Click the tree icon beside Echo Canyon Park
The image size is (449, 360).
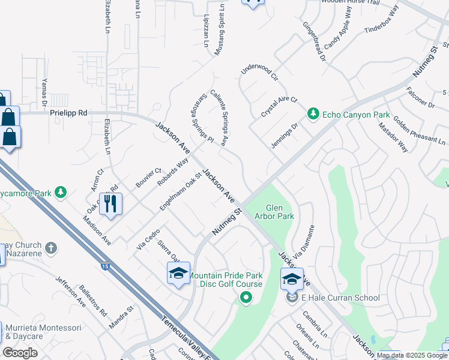click(313, 114)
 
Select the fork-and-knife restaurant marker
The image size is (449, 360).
click(111, 203)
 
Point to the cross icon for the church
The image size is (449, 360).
click(52, 247)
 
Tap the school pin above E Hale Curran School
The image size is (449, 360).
click(292, 279)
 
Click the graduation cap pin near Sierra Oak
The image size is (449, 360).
click(178, 274)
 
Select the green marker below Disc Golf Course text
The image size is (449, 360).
click(246, 296)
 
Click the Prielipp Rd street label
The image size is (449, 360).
click(68, 112)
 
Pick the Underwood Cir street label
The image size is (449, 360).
click(260, 74)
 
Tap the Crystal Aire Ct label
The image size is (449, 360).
click(279, 106)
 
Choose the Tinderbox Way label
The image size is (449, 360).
click(381, 20)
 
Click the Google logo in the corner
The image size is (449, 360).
click(20, 353)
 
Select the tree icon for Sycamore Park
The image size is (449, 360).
click(60, 192)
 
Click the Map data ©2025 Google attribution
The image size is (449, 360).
click(412, 355)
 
